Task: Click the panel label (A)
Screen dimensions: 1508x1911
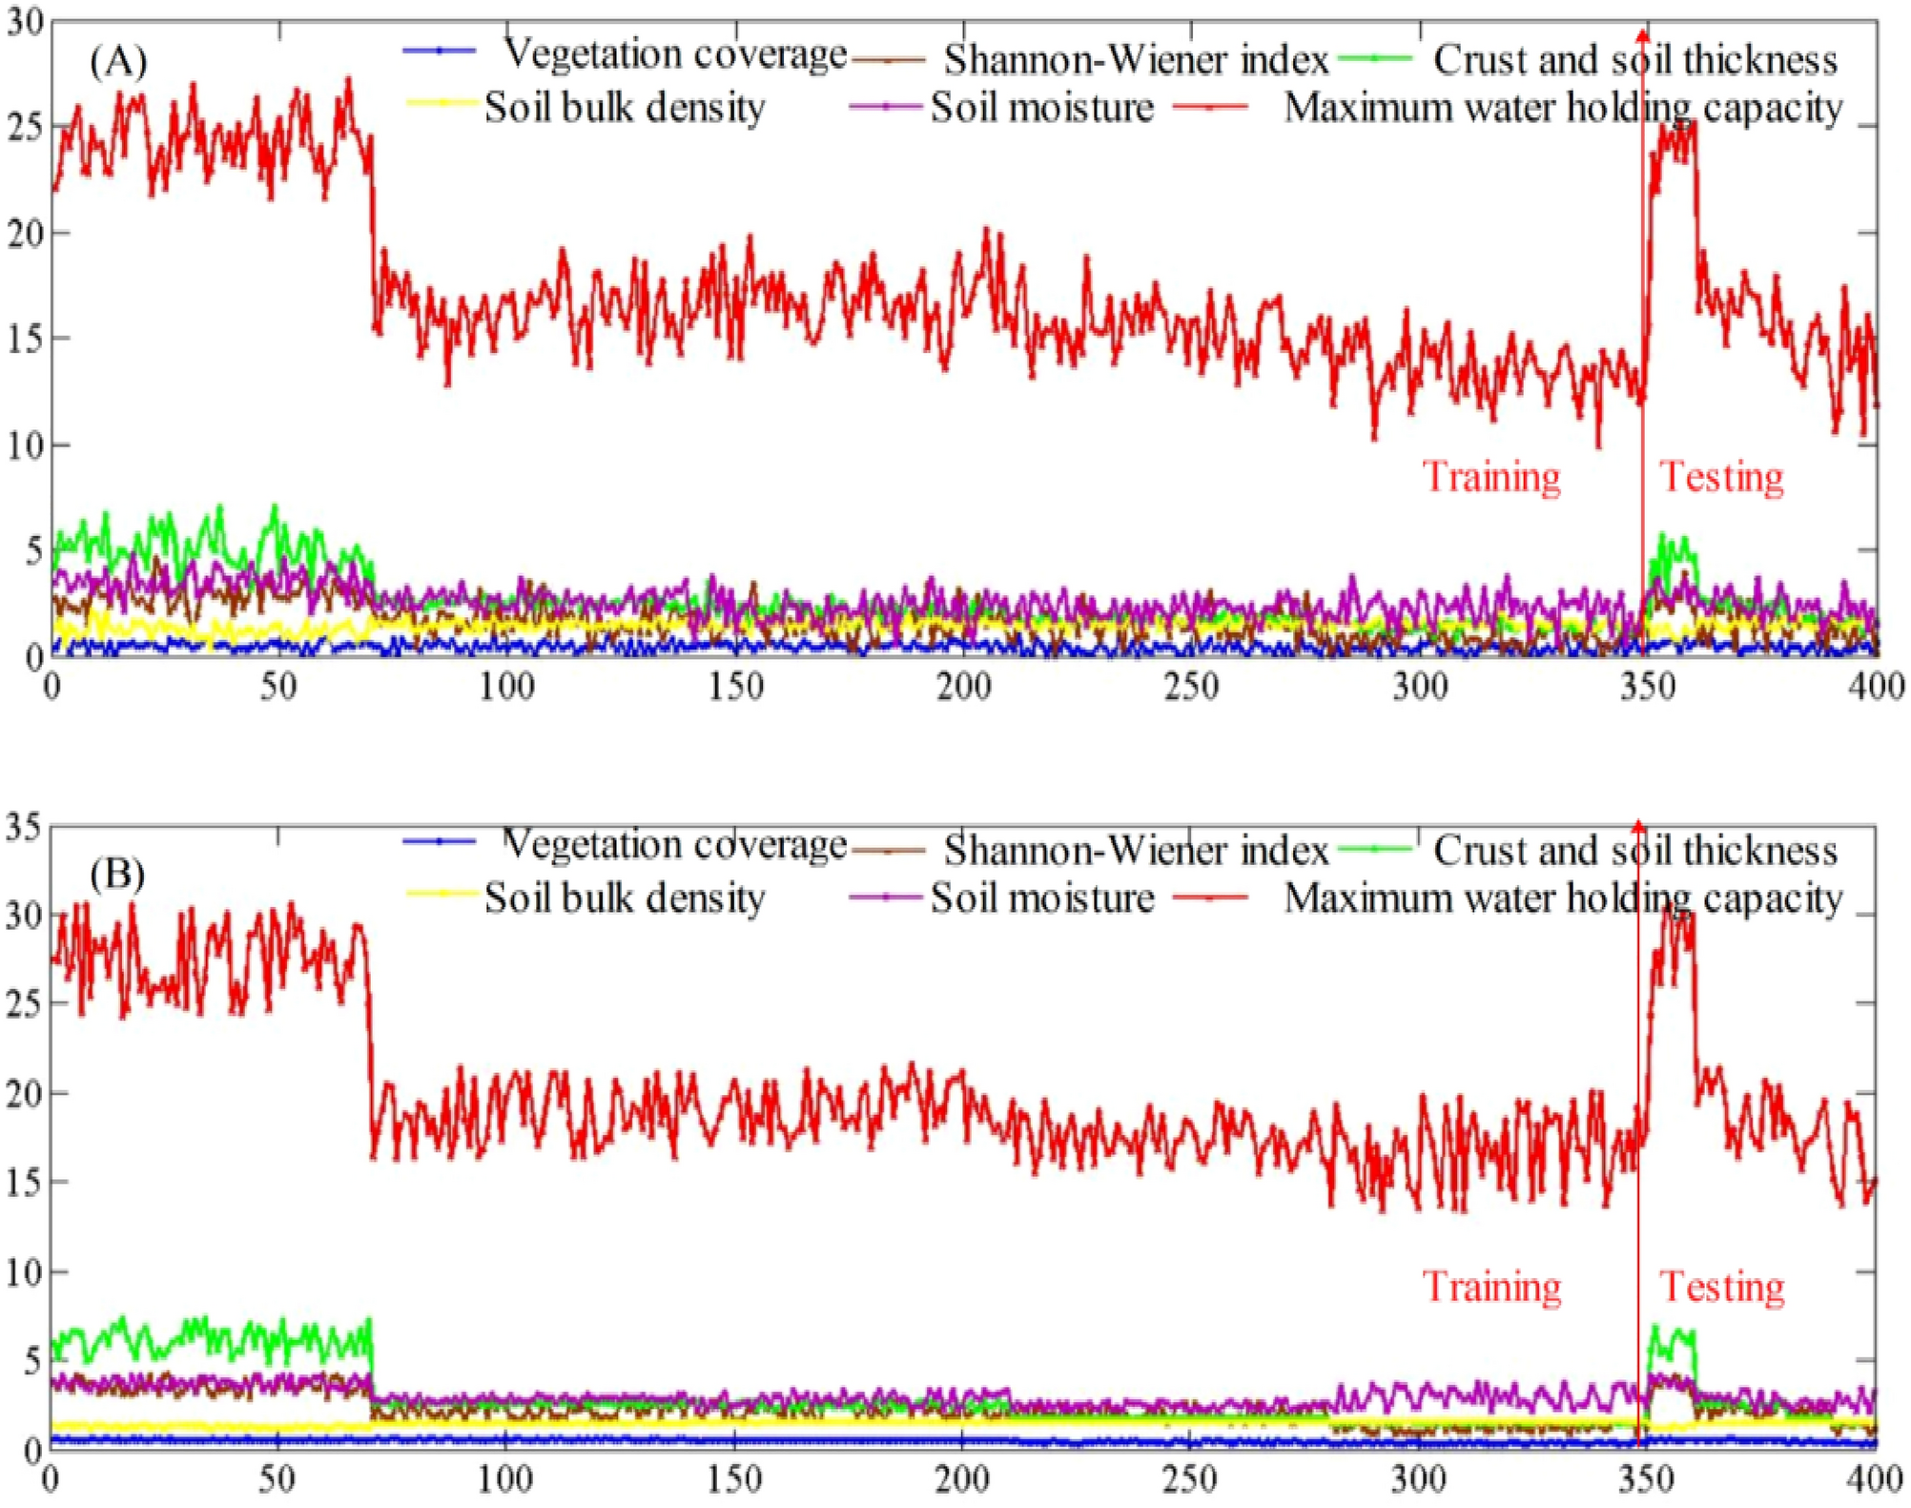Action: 118,62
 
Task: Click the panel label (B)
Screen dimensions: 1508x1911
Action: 116,874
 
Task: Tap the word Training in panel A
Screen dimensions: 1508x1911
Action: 1491,476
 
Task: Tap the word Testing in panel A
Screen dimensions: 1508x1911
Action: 1721,476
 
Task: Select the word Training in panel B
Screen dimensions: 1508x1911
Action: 1491,1287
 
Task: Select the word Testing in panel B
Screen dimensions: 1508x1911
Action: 1721,1287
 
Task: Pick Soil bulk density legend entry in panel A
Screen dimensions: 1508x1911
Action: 624,107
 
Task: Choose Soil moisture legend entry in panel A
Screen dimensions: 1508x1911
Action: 1041,107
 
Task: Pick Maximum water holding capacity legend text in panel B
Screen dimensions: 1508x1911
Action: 1563,898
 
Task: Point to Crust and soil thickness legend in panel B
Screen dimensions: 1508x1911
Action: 1634,850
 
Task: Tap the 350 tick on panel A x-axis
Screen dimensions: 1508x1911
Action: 1647,687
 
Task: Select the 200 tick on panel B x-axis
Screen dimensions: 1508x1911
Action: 961,1479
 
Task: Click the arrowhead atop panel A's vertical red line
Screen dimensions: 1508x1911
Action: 1642,34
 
